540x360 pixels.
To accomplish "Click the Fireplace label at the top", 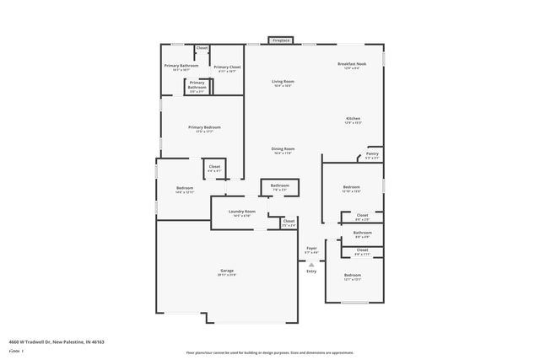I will (x=281, y=40).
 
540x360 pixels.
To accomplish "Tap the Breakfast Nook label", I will (x=350, y=65).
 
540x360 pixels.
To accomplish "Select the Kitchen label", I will (x=353, y=118).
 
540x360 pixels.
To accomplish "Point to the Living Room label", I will (x=283, y=82).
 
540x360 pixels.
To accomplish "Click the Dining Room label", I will (x=283, y=148).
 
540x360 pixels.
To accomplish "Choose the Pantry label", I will (x=372, y=153).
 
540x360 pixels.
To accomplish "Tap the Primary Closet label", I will (x=227, y=67).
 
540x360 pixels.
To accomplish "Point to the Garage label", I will (x=227, y=271).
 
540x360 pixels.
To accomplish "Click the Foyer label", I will (x=311, y=249).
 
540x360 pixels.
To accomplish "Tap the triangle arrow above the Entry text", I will (x=311, y=264).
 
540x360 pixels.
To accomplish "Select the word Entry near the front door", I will (x=311, y=271).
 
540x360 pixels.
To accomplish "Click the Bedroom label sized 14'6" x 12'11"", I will (x=184, y=189).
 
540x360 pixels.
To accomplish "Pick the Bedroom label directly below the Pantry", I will (x=352, y=187).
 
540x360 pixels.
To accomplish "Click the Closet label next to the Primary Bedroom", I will (x=214, y=167).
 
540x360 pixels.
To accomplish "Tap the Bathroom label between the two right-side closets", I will (x=363, y=233).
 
